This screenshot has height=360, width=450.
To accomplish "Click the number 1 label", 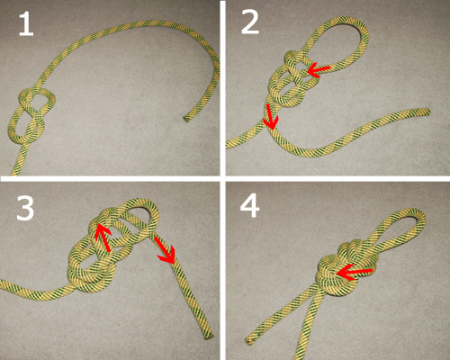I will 24,24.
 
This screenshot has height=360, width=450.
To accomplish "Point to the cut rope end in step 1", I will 186,117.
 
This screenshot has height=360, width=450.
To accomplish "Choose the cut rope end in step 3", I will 208,337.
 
